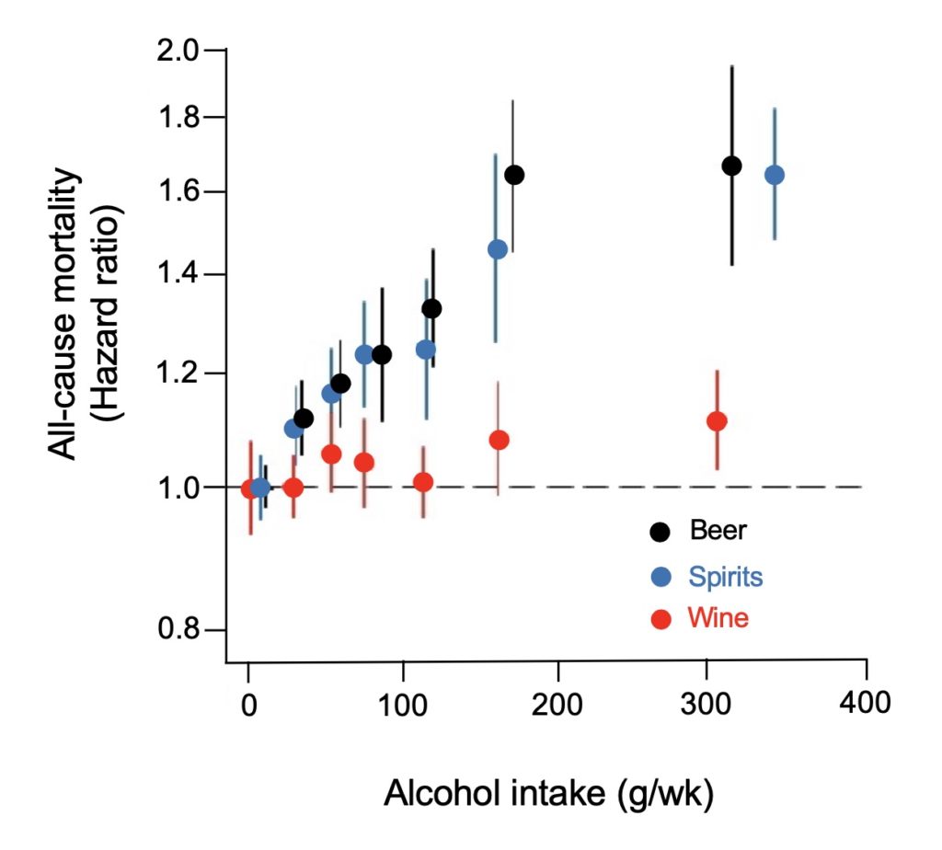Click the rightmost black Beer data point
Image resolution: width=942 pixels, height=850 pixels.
pyautogui.click(x=731, y=166)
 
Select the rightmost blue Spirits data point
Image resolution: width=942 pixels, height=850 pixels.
pyautogui.click(x=775, y=175)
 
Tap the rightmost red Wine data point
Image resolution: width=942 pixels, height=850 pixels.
pyautogui.click(x=717, y=420)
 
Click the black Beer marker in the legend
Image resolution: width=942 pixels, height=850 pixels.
pyautogui.click(x=660, y=531)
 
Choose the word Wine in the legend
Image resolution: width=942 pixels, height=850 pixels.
pyautogui.click(x=718, y=619)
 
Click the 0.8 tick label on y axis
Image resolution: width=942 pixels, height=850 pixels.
pyautogui.click(x=186, y=630)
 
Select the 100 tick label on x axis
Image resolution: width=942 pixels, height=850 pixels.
pyautogui.click(x=402, y=706)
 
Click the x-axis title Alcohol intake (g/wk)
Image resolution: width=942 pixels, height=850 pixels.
pyautogui.click(x=548, y=792)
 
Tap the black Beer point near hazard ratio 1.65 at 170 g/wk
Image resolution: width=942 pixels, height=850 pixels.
pyautogui.click(x=514, y=175)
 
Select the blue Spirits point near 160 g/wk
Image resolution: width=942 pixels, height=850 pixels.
pyautogui.click(x=497, y=249)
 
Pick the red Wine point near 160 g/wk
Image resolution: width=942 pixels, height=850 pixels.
pyautogui.click(x=499, y=440)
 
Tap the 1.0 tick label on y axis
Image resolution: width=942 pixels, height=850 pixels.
pyautogui.click(x=186, y=487)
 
